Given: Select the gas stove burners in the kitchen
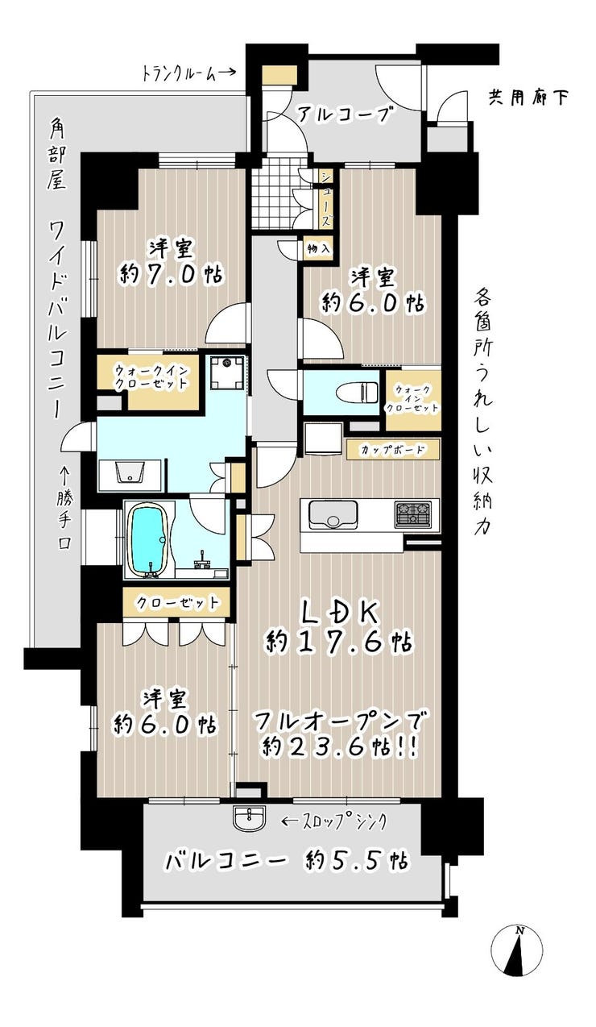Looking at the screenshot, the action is [412, 512].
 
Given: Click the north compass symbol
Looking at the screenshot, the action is [517, 962].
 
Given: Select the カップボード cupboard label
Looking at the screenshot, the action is [392, 449].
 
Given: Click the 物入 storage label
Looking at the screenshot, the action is [318, 249].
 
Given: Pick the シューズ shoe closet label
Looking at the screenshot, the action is [325, 199].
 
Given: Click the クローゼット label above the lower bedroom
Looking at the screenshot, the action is [176, 603].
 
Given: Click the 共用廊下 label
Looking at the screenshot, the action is [528, 98].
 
